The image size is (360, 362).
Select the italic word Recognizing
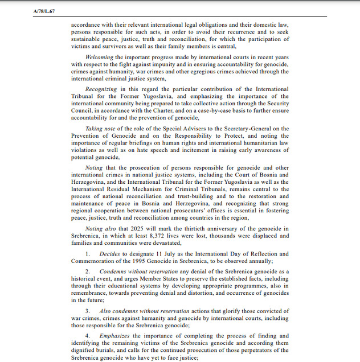tap(101, 89)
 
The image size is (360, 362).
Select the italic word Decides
tap(109, 254)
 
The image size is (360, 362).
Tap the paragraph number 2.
tap(88, 272)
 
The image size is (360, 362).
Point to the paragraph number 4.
tap(88, 336)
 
